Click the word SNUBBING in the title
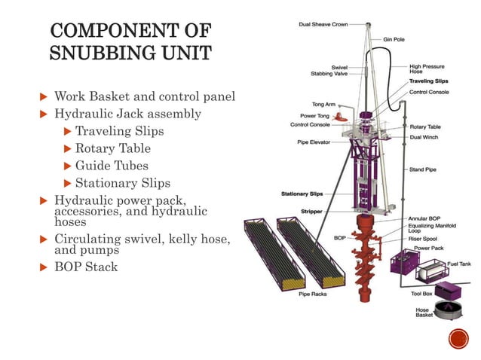[x=107, y=54]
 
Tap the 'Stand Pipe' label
[x=422, y=169]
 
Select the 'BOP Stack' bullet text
[x=86, y=266]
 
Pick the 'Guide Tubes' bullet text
[x=112, y=166]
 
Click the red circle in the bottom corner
[x=458, y=340]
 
